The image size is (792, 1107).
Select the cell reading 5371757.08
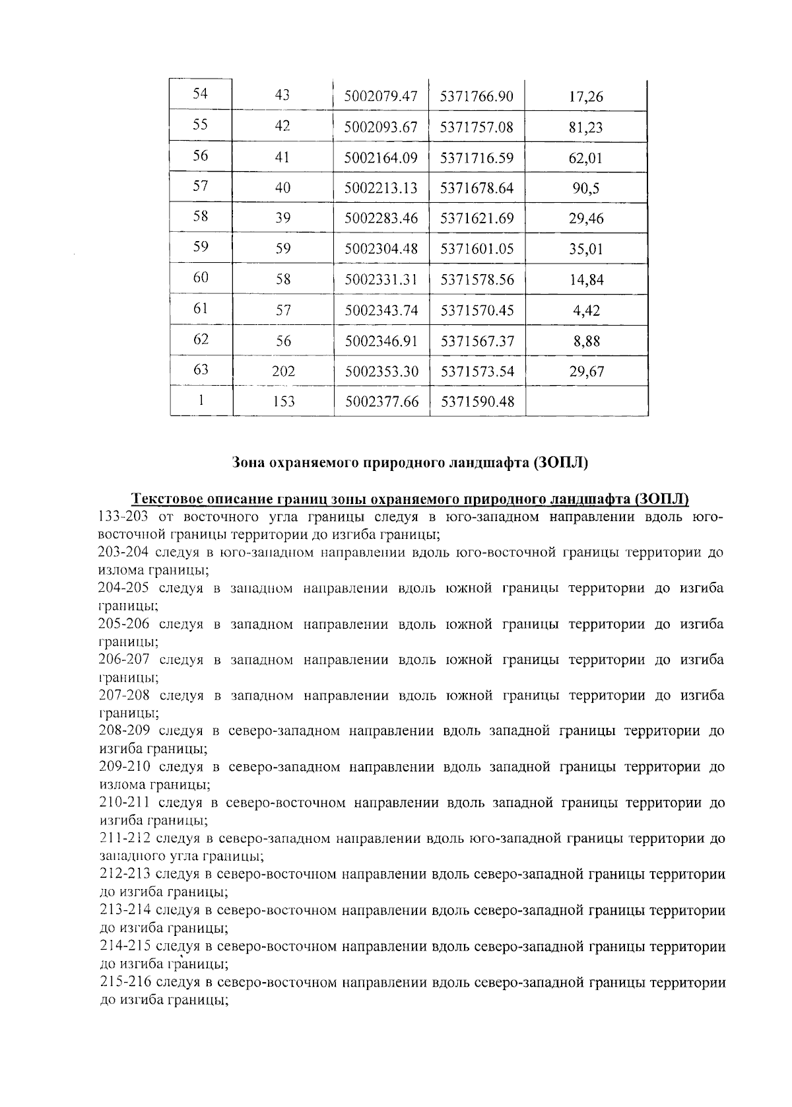[x=477, y=127]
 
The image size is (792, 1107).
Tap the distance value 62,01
[x=585, y=159]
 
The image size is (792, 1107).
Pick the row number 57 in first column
[x=201, y=186]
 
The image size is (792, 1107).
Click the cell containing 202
[x=283, y=372]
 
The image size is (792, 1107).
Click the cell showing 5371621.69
[x=477, y=219]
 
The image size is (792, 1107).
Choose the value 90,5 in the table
[x=585, y=189]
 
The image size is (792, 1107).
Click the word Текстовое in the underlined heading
[x=165, y=499]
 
